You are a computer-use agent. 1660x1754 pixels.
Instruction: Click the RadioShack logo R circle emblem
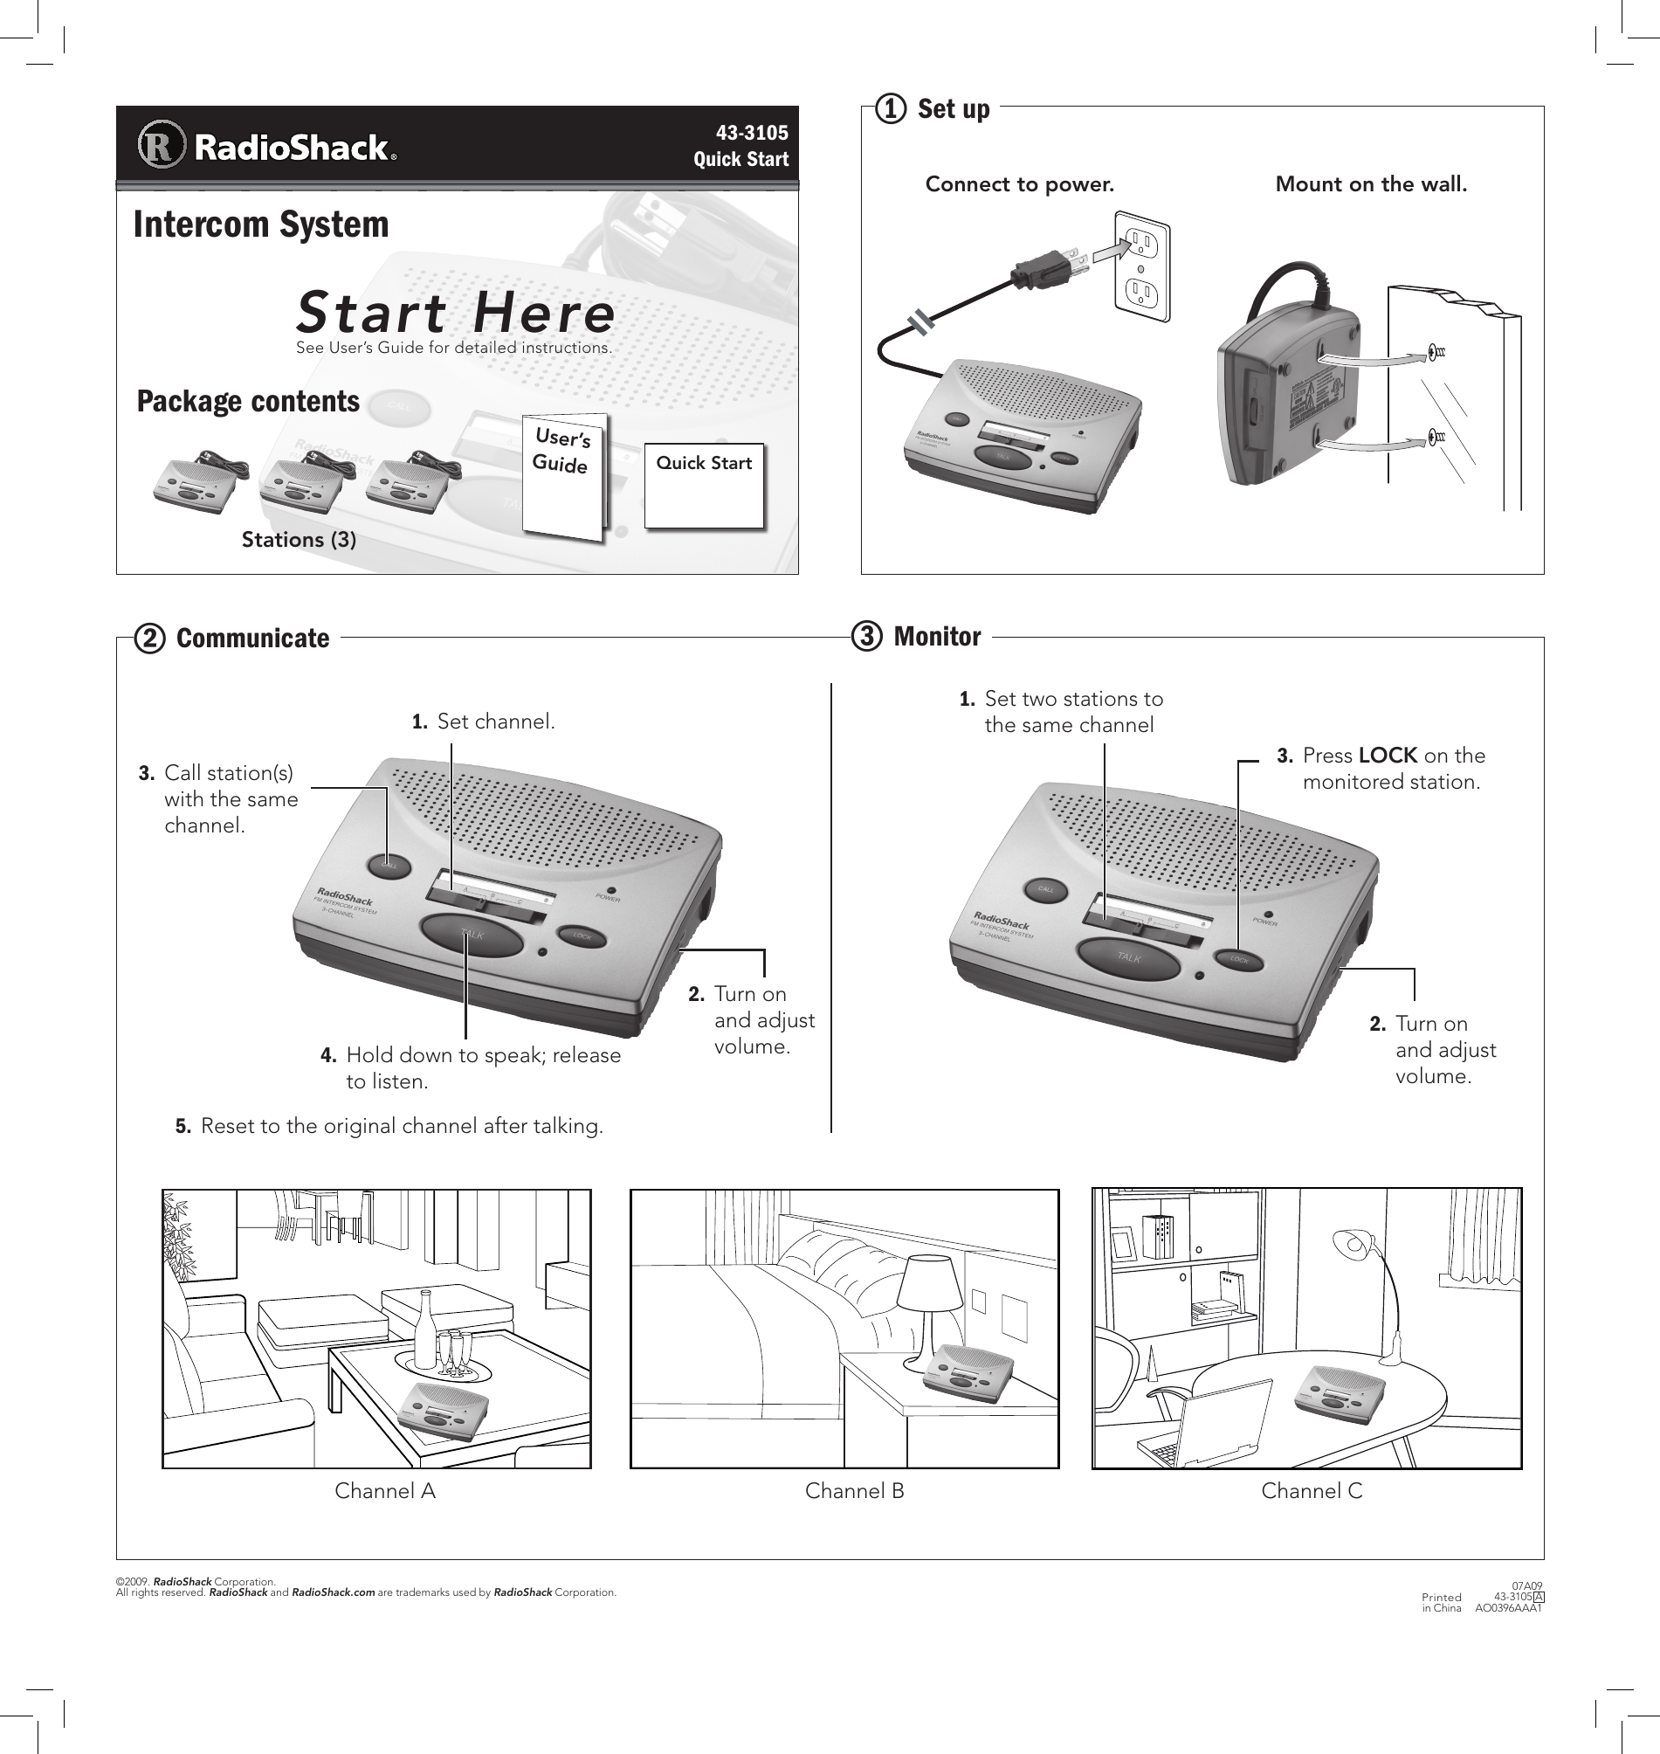162,146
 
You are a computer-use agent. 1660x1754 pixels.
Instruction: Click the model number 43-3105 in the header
751,133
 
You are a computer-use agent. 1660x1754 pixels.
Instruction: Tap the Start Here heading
455,313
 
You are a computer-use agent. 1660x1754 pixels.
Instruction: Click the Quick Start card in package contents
704,486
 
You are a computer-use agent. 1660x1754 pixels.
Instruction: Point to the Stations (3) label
300,540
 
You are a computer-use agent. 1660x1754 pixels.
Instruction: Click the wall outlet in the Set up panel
1141,266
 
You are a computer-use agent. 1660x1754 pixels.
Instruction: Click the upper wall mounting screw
1434,353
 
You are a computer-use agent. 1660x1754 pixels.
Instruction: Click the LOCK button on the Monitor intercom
1239,959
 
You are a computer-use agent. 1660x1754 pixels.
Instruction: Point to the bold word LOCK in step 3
1388,756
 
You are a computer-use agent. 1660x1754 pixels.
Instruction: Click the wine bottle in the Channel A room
424,1329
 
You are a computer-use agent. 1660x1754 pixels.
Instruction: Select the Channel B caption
854,1491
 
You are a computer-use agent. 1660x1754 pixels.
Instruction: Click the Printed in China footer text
1442,1603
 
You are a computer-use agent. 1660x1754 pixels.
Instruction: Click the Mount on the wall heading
1371,184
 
